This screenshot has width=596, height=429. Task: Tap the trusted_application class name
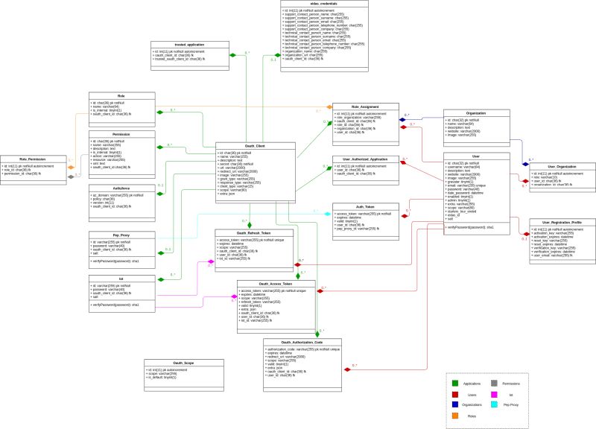coord(168,45)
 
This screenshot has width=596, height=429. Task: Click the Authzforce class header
coord(121,188)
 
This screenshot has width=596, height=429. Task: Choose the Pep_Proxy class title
coord(121,235)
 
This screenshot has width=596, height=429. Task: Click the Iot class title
coord(121,279)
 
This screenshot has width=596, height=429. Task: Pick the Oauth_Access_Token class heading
coord(270,284)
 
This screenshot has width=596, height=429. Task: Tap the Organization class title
coord(475,113)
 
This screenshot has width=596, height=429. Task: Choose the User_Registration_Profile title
coord(561,222)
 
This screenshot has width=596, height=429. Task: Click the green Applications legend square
coord(454,382)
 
